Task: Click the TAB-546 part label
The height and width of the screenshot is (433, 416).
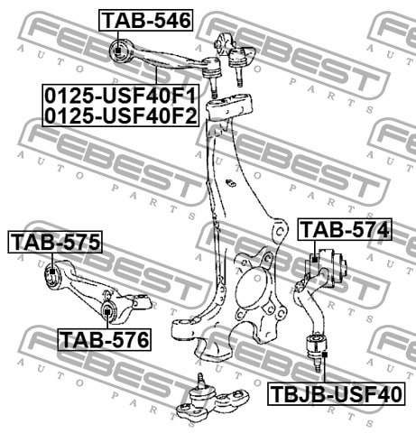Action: click(146, 20)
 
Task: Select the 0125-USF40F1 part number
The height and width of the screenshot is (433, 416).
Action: click(121, 95)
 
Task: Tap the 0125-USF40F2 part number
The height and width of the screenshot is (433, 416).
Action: click(121, 115)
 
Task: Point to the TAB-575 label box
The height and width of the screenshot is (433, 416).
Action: click(55, 242)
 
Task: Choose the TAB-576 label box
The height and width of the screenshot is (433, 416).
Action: click(105, 339)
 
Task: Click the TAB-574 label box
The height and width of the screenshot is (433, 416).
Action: click(345, 229)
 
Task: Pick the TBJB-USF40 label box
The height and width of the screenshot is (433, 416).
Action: click(336, 394)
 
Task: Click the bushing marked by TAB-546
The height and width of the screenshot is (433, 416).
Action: click(119, 51)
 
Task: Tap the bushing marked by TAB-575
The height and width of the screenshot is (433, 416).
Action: click(52, 275)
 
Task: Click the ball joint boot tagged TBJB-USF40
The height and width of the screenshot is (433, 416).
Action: click(316, 345)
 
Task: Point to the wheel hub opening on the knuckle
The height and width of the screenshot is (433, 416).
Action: click(251, 286)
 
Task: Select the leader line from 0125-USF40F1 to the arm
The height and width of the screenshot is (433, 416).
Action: click(156, 76)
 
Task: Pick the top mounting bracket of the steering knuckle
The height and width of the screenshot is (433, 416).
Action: click(228, 106)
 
